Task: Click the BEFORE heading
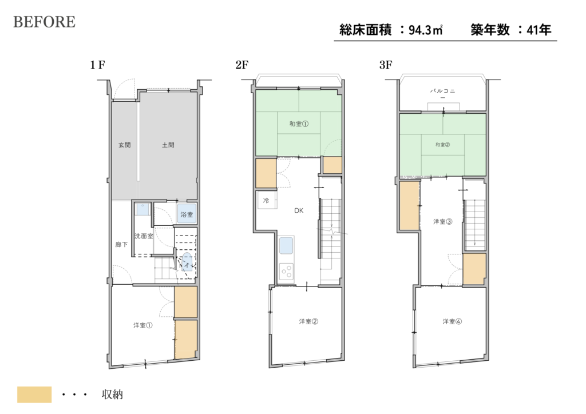pyautogui.click(x=45, y=22)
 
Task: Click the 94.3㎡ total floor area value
pyautogui.click(x=425, y=30)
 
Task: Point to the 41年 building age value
pyautogui.click(x=539, y=30)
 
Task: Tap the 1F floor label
pyautogui.click(x=97, y=65)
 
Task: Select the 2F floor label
pyautogui.click(x=242, y=65)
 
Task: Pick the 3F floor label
pyautogui.click(x=386, y=65)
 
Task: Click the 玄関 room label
pyautogui.click(x=124, y=145)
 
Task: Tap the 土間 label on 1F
pyautogui.click(x=168, y=145)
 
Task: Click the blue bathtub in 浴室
pyautogui.click(x=187, y=214)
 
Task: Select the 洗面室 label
pyautogui.click(x=144, y=236)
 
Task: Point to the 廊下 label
pyautogui.click(x=121, y=245)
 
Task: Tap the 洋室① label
pyautogui.click(x=142, y=325)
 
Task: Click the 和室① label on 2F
pyautogui.click(x=299, y=124)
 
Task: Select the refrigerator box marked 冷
pyautogui.click(x=266, y=200)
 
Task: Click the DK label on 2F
pyautogui.click(x=299, y=210)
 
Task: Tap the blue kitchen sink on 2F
pyautogui.click(x=286, y=246)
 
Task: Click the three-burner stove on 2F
pyautogui.click(x=287, y=270)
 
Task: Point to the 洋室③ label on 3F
pyautogui.click(x=442, y=222)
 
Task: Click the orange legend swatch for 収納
pyautogui.click(x=34, y=395)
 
